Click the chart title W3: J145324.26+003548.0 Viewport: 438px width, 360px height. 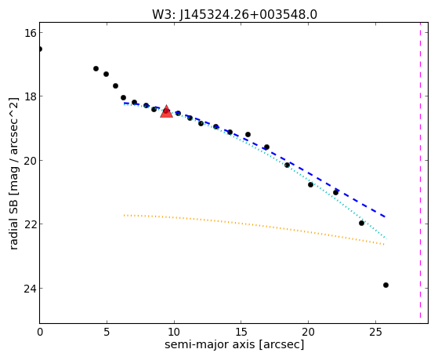click(234, 15)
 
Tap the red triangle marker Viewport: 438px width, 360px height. click(166, 111)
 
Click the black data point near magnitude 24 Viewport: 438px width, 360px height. click(386, 285)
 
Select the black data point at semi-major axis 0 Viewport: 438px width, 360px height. click(40, 49)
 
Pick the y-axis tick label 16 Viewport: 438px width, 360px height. click(31, 33)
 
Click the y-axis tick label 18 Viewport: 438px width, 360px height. click(31, 96)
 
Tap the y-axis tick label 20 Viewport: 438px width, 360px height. click(31, 160)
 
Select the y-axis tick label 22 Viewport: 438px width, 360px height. click(31, 224)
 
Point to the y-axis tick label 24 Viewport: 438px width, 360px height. click(31, 288)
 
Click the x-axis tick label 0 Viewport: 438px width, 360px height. click(40, 332)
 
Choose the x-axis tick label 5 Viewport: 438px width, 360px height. click(107, 332)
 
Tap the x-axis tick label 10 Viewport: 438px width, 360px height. click(174, 332)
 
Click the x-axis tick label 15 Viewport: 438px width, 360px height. click(241, 332)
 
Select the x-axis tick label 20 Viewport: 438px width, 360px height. click(308, 332)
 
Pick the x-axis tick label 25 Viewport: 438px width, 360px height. click(375, 332)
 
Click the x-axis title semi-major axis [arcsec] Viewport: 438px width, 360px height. click(234, 344)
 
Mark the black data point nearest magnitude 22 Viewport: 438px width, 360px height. click(361, 223)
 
